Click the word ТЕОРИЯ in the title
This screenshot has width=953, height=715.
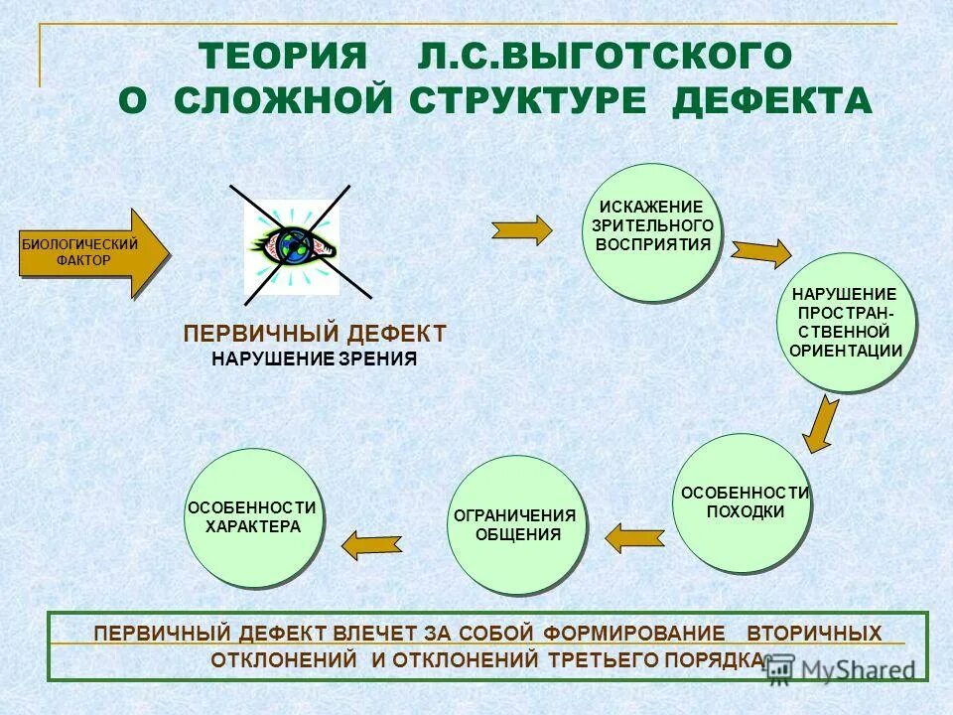pyautogui.click(x=283, y=55)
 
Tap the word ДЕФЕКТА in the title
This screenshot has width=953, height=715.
pyautogui.click(x=772, y=100)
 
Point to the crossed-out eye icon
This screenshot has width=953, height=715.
pyautogui.click(x=295, y=243)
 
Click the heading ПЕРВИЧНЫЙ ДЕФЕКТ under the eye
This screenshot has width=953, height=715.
pyautogui.click(x=315, y=334)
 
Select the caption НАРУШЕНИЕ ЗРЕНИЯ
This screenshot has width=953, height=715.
pyautogui.click(x=315, y=359)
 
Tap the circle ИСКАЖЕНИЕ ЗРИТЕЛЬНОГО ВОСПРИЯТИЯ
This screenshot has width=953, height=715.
pyautogui.click(x=652, y=232)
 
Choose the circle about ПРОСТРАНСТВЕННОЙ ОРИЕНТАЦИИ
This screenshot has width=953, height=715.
pyautogui.click(x=845, y=323)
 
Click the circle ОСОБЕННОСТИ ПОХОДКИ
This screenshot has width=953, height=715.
pyautogui.click(x=743, y=503)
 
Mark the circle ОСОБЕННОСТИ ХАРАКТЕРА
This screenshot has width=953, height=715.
pyautogui.click(x=253, y=517)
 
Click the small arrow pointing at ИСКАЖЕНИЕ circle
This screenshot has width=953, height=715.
pyautogui.click(x=522, y=229)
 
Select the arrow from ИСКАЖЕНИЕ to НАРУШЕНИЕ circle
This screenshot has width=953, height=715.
pyautogui.click(x=760, y=252)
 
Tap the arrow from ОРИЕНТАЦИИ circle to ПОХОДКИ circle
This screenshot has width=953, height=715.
pyautogui.click(x=821, y=424)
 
